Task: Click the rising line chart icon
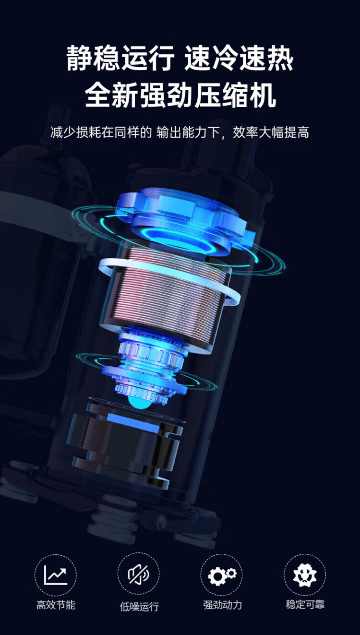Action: (x=56, y=575)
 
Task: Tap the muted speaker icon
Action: (x=139, y=575)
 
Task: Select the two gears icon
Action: (x=222, y=575)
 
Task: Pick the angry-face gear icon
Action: (x=305, y=575)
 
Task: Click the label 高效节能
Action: (x=56, y=604)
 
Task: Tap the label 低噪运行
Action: (x=139, y=606)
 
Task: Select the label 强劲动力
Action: (x=222, y=604)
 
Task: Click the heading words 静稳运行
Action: (x=120, y=58)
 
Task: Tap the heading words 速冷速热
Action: (x=239, y=58)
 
